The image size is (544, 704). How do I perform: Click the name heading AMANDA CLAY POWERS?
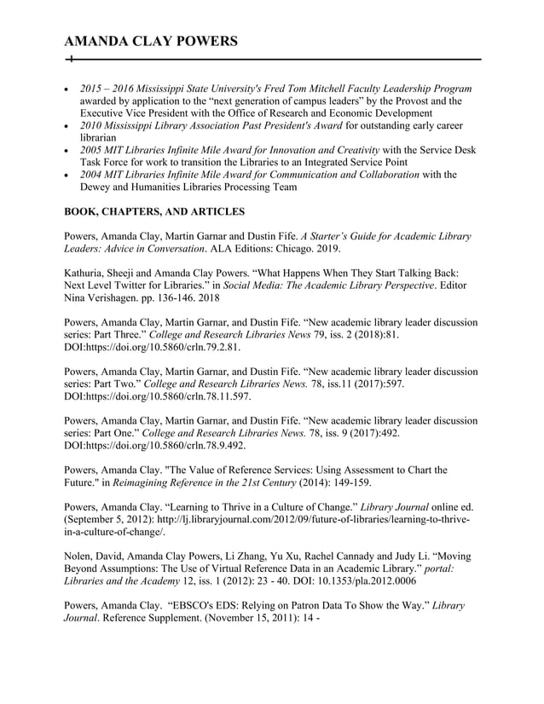click(151, 42)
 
